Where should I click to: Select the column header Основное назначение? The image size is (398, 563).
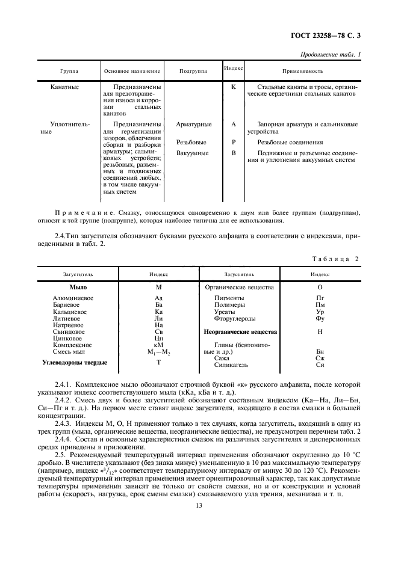point(132,71)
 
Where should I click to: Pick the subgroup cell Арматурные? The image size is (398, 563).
point(193,125)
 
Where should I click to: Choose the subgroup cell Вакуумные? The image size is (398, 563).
point(193,153)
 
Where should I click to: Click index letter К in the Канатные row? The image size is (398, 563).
point(234,87)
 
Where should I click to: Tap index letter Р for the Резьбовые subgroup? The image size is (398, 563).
point(234,143)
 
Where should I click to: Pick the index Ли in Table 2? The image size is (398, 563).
point(159,318)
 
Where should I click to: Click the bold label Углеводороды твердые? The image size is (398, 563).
point(74,363)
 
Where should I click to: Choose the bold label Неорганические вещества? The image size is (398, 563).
point(240,331)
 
